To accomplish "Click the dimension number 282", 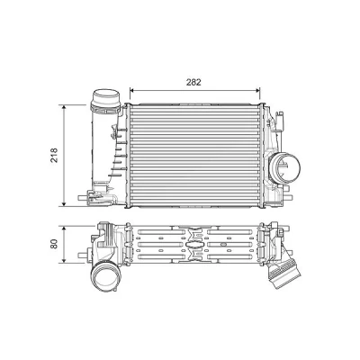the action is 193,82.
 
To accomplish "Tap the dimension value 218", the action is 54,155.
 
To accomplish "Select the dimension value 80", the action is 54,244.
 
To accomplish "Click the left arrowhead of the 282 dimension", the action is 132,89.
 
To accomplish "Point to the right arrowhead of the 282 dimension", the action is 257,89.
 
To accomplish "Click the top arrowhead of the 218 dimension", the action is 64,107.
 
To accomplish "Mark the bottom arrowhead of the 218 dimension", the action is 64,203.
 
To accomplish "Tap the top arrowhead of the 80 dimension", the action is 64,229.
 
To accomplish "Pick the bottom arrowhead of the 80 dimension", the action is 64,260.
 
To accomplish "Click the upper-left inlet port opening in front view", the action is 105,96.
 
